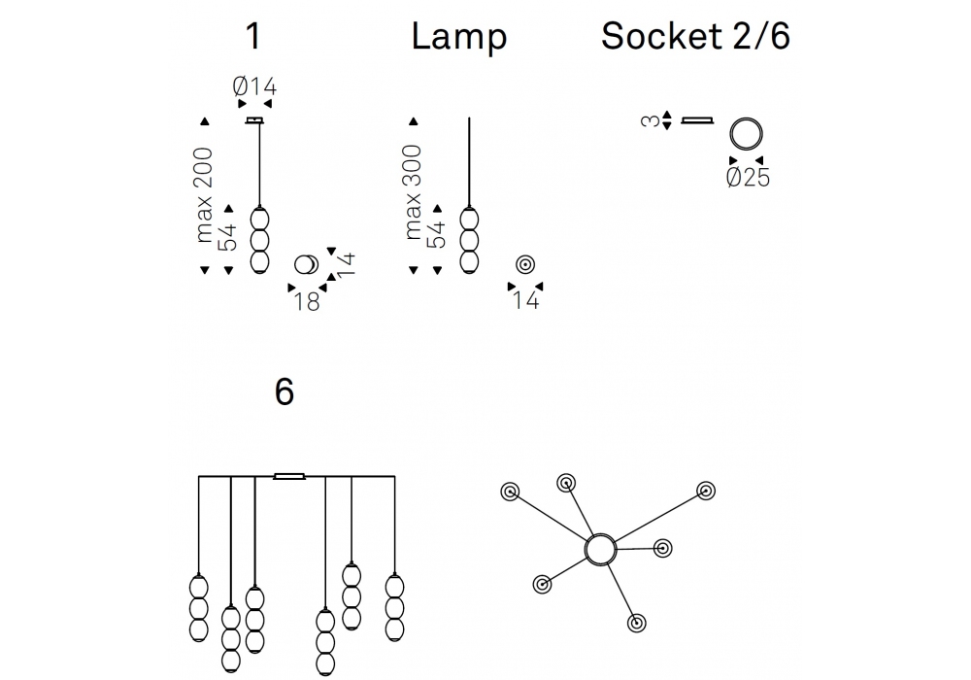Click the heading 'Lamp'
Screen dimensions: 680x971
458,37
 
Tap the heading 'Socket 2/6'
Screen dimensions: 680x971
695,37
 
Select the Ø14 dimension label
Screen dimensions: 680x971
254,86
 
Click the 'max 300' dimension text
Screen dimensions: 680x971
414,192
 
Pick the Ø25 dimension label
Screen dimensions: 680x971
747,178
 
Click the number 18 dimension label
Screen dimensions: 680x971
306,301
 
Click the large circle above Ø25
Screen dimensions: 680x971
747,133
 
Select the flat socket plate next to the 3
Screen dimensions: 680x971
697,121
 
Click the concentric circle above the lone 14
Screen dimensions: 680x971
525,263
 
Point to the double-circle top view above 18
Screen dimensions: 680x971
306,264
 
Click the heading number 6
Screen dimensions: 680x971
284,392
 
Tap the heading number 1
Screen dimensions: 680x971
253,37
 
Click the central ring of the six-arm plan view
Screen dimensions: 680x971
600,550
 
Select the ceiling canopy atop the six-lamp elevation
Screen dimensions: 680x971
289,476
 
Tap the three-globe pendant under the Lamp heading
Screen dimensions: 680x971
469,239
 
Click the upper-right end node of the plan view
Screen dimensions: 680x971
705,490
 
